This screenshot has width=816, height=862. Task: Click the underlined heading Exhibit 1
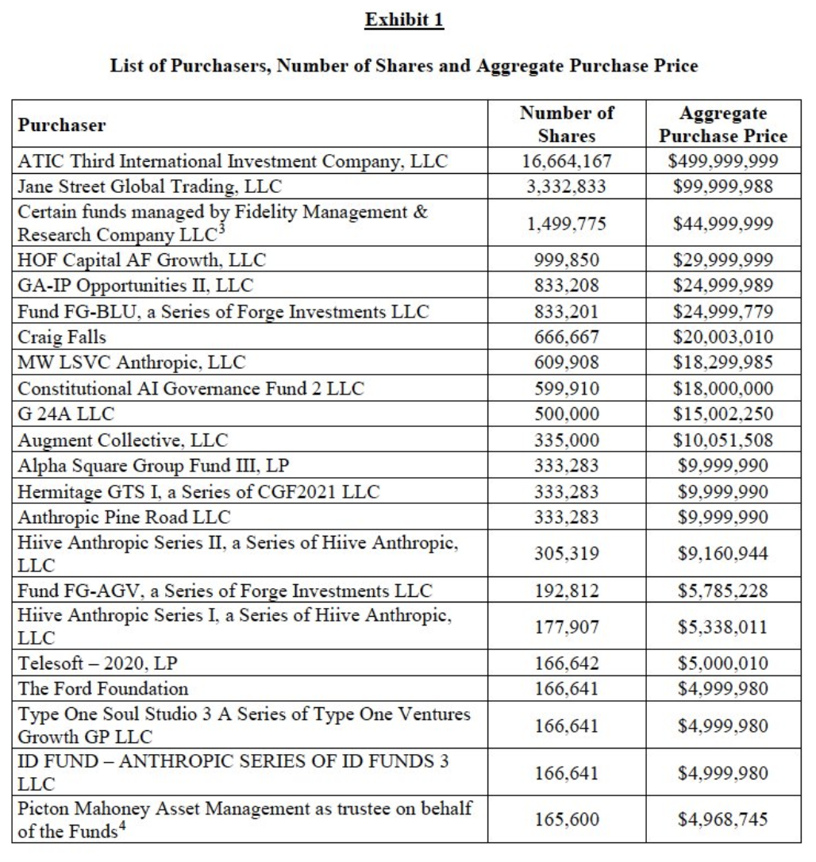tap(404, 20)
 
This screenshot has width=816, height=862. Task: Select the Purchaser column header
tap(62, 125)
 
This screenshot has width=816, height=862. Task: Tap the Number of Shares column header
tap(567, 125)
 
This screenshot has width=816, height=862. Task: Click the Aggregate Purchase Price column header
tap(723, 125)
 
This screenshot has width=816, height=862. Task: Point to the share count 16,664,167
tap(567, 162)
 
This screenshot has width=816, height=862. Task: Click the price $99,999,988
tap(723, 187)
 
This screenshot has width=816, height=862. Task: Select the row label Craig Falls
tap(62, 337)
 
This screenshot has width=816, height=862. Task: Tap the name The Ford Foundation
tap(103, 688)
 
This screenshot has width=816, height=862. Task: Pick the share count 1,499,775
tap(567, 223)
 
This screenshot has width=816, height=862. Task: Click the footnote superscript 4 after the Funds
tap(117, 828)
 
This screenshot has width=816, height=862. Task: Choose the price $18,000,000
tap(723, 389)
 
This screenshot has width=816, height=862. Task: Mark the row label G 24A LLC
tap(67, 414)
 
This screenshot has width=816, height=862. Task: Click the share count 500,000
tap(567, 414)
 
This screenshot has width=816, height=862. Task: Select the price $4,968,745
tap(723, 819)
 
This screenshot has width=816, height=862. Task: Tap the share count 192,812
tap(567, 591)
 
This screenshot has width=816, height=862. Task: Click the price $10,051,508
tap(723, 440)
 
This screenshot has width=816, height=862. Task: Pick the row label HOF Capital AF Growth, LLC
tap(142, 260)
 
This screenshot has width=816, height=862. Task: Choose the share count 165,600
tap(567, 819)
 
